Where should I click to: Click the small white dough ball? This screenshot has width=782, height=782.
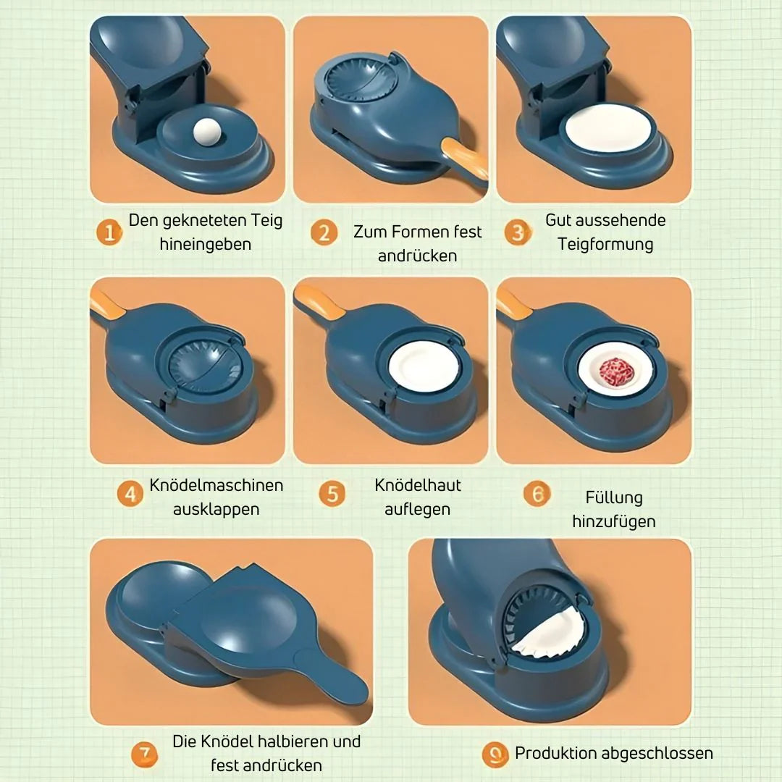tap(207, 131)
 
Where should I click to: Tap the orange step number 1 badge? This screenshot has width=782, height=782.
tap(109, 233)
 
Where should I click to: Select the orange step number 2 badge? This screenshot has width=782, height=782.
tap(324, 233)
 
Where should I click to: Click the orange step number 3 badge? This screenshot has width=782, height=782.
tap(518, 233)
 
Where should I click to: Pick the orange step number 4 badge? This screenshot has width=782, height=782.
tap(130, 495)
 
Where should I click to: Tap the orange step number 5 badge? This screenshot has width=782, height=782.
tap(332, 495)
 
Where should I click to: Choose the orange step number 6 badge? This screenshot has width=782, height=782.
tap(537, 495)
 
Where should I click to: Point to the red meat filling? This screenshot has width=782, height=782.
tap(616, 371)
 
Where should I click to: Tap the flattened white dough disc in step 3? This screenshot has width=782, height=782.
tap(608, 127)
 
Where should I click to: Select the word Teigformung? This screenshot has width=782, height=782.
tap(605, 244)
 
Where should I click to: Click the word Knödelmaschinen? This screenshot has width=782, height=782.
tap(216, 485)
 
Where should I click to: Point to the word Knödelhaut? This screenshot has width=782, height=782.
tap(418, 485)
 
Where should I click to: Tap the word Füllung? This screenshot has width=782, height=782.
tap(614, 497)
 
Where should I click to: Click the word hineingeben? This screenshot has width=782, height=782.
tap(206, 244)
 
